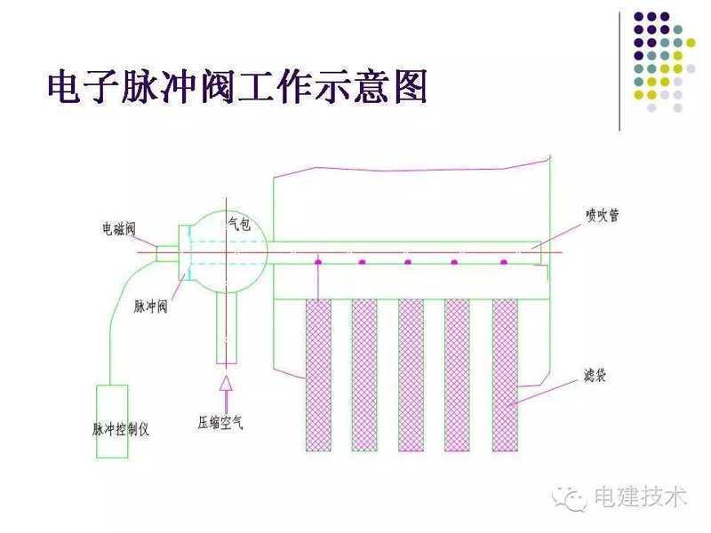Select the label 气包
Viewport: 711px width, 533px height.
(x=238, y=225)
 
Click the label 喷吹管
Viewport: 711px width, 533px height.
(x=602, y=215)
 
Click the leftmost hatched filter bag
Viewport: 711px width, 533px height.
(x=318, y=374)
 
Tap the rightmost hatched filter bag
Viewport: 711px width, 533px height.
(x=505, y=374)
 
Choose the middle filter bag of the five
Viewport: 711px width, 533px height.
(x=411, y=374)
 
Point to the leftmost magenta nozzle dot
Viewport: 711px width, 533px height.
(x=317, y=262)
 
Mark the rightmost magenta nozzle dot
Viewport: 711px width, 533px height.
(x=503, y=262)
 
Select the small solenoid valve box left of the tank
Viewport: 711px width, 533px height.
(x=168, y=253)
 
